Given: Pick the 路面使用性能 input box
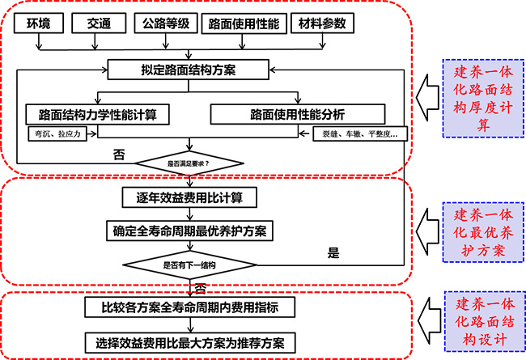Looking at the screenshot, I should [243, 24].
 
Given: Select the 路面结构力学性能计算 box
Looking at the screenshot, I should [97, 113].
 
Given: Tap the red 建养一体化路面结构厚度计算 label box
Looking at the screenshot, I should [481, 100].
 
